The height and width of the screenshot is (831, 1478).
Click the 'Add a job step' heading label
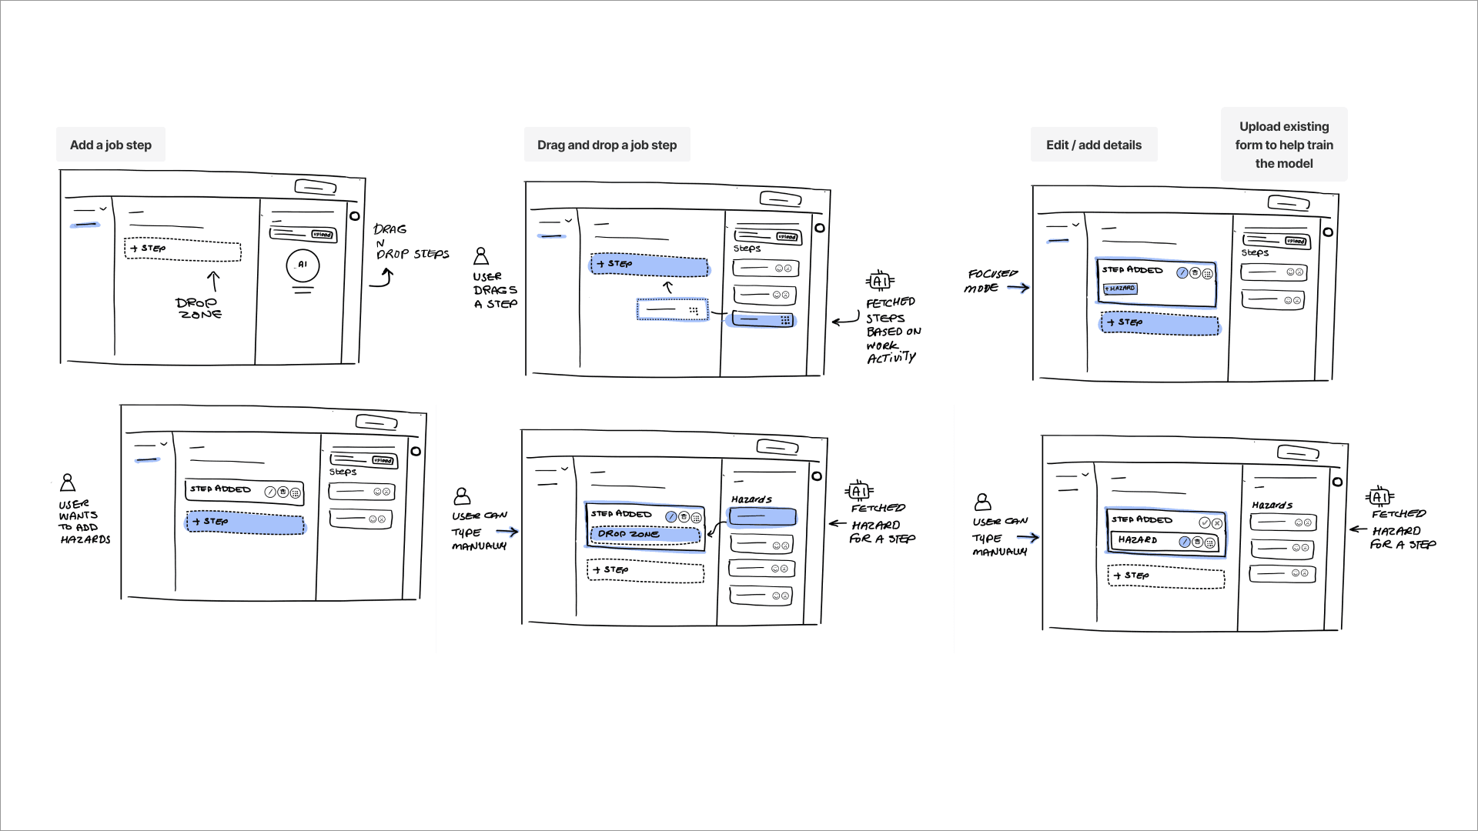[110, 145]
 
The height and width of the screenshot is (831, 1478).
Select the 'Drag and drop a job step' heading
[607, 145]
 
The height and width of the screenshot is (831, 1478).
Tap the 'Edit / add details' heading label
[1093, 145]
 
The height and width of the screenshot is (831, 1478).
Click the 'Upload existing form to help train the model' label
[1283, 145]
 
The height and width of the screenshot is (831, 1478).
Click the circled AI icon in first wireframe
[303, 265]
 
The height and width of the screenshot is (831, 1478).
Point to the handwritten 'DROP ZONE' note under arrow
[199, 308]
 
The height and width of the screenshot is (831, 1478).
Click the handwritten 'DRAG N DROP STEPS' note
[408, 242]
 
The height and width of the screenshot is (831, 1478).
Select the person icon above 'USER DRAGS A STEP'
[481, 255]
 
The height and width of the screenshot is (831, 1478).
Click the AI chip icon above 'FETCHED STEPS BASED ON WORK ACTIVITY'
[880, 281]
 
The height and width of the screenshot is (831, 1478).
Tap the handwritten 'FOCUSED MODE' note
[991, 281]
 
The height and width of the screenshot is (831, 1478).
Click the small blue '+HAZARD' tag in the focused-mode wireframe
[1120, 289]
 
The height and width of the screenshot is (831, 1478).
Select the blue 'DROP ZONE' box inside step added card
[644, 534]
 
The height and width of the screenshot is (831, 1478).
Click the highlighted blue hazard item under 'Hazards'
[762, 517]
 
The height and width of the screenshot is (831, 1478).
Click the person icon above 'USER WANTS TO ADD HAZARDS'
[68, 482]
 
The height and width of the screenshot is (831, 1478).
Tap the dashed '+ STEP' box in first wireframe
[182, 249]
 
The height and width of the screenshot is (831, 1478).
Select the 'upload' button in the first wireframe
[322, 235]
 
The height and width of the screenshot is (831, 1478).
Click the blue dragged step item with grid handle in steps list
[762, 320]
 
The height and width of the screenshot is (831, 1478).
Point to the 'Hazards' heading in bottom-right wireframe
[1272, 506]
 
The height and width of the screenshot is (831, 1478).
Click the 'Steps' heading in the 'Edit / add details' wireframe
[1254, 252]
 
